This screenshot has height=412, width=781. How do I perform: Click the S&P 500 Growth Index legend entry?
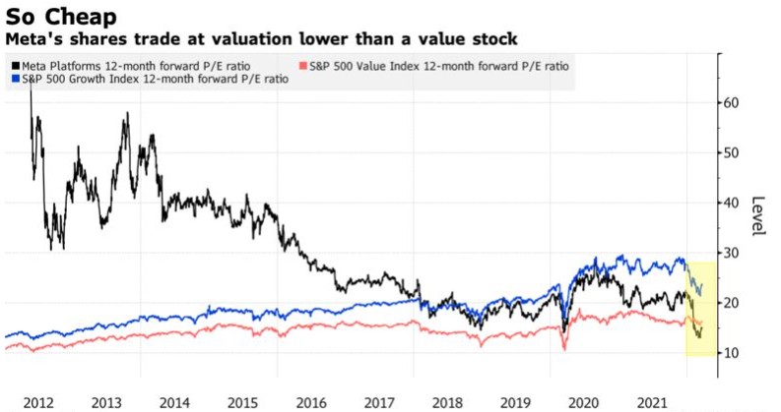click(151, 80)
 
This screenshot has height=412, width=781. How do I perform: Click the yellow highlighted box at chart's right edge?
click(700, 307)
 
